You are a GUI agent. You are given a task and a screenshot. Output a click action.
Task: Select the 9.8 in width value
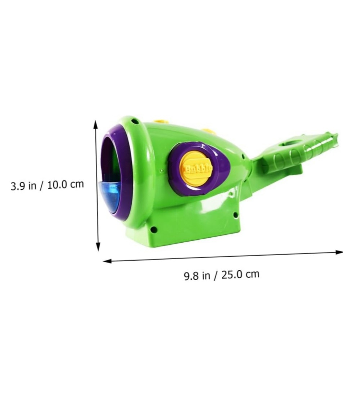pyautogui.click(x=197, y=276)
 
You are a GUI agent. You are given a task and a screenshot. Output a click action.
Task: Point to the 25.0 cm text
pyautogui.click(x=240, y=274)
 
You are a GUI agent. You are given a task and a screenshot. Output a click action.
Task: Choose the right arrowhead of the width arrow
pyautogui.click(x=339, y=252)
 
